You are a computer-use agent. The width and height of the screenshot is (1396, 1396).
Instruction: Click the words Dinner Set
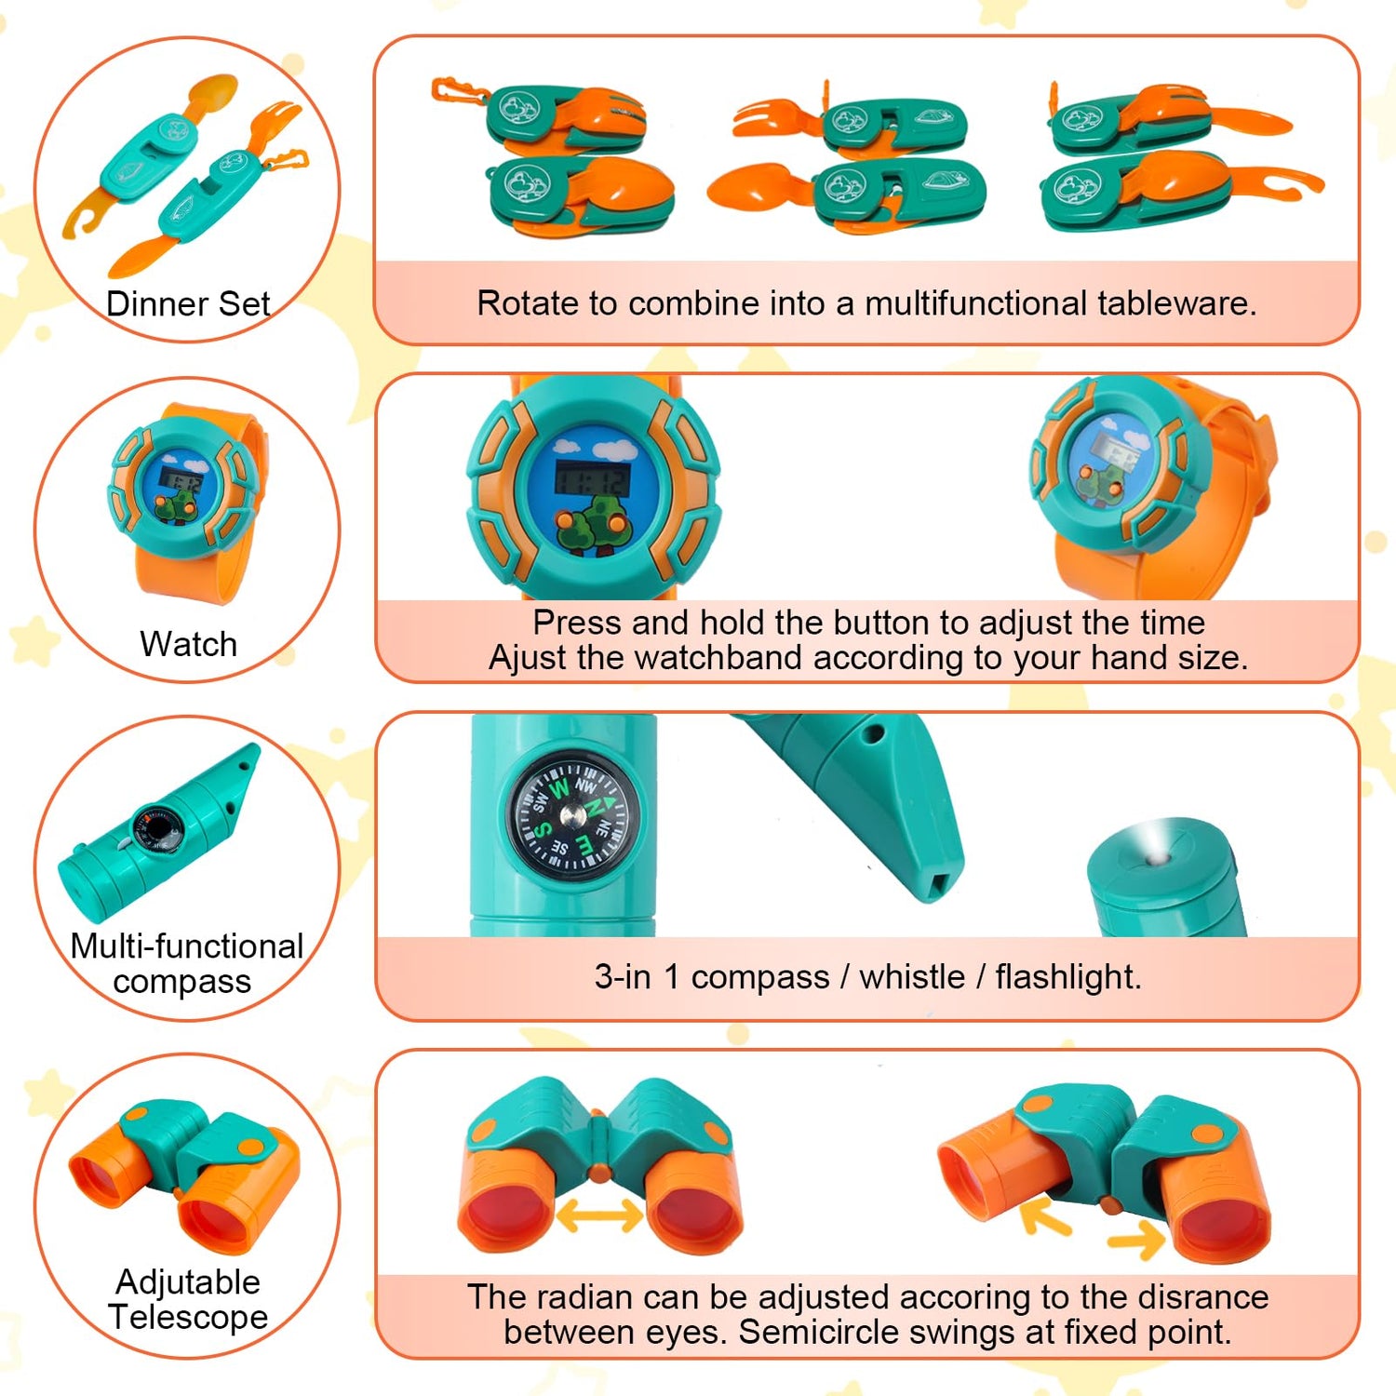point(188,304)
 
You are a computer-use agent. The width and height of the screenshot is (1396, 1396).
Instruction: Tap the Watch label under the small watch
point(188,644)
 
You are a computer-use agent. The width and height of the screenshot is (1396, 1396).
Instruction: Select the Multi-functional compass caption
point(186,963)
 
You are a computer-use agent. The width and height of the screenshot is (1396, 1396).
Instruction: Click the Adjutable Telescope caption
point(188,1299)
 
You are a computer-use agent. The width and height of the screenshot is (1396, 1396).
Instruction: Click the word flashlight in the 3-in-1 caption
point(1067,977)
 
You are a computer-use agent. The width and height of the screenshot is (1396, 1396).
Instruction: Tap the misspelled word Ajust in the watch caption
point(528,658)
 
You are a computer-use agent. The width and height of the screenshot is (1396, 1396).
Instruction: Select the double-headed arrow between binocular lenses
point(600,1215)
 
